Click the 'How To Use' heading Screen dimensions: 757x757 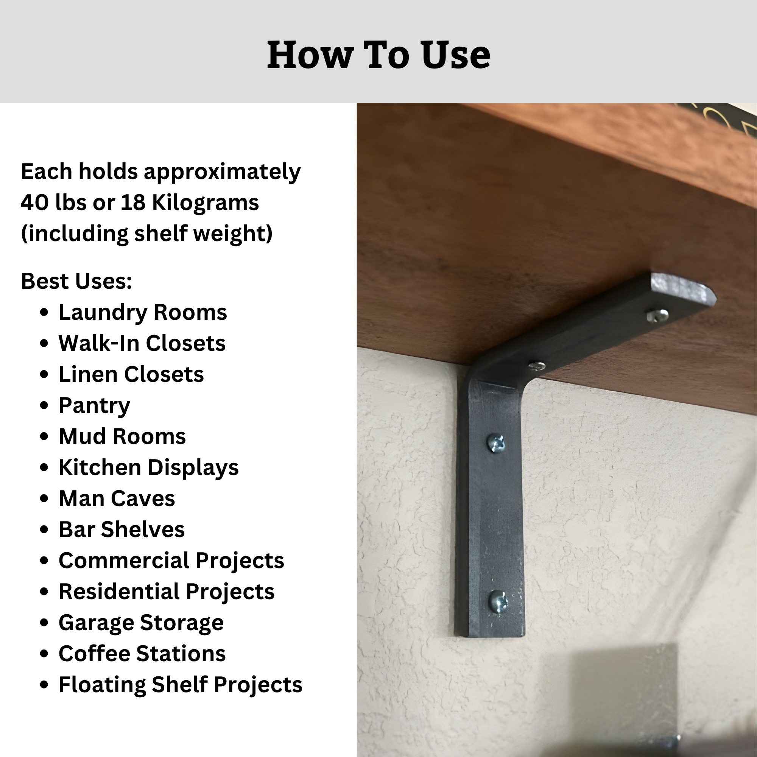378,55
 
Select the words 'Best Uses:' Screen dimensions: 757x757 76,281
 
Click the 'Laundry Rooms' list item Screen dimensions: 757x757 143,312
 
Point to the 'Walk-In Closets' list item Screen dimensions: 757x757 142,343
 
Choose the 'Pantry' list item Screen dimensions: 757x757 94,406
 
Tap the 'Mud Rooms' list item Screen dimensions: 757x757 122,436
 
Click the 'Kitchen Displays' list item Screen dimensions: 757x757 148,467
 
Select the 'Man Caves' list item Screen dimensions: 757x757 117,498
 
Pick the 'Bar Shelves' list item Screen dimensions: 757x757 121,530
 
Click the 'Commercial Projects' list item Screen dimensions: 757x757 171,561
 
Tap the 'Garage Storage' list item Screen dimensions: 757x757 141,623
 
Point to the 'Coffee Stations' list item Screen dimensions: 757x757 142,654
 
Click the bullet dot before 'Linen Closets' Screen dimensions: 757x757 44,375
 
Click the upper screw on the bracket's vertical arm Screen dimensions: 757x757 496,444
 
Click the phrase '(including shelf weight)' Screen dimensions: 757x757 146,234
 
